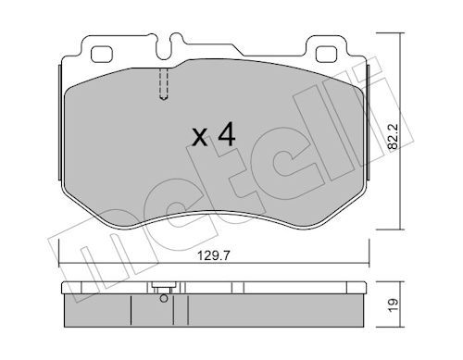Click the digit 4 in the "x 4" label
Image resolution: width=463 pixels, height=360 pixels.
click(226, 136)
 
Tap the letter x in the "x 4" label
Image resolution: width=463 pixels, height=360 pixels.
click(199, 139)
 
